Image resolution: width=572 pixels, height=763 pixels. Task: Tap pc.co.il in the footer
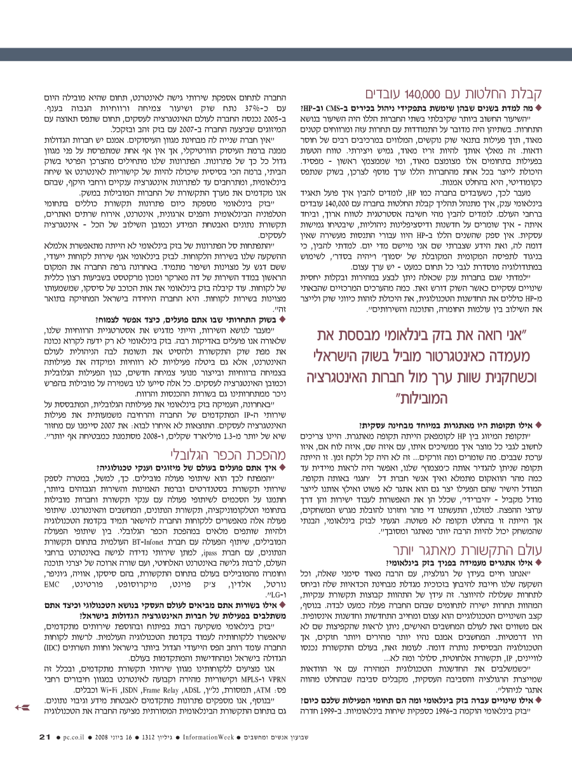(x=75, y=738)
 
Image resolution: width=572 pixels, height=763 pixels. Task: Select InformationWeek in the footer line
(x=207, y=738)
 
